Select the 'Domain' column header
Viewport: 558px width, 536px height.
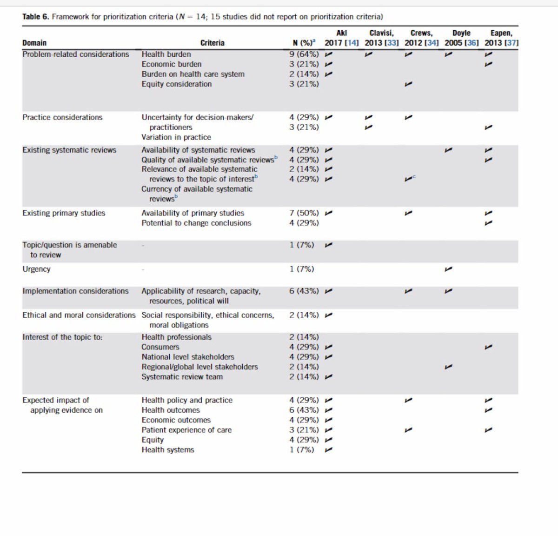coord(34,43)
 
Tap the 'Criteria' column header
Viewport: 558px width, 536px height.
coord(212,43)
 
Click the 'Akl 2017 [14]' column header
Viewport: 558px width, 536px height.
coord(341,38)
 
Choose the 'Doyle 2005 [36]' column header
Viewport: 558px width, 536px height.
coord(461,38)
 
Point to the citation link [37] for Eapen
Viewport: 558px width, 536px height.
coord(511,43)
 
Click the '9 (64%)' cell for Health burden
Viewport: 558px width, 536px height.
coord(304,54)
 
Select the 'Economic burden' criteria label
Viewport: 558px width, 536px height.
coord(172,64)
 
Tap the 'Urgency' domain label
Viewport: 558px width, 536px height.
coord(36,269)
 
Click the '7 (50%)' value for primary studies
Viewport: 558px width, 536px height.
coord(304,213)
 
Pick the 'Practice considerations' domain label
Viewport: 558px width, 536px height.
coord(62,117)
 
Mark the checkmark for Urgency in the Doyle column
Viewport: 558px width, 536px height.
coord(448,269)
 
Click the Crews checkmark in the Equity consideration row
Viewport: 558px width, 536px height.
coord(408,84)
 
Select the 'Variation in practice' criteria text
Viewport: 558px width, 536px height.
coord(176,137)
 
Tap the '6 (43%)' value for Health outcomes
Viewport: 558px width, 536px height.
coord(304,410)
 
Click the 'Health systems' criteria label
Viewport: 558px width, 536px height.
coord(168,450)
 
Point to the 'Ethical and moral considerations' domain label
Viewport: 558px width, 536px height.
coord(79,315)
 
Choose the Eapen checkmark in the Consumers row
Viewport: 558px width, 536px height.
coord(488,347)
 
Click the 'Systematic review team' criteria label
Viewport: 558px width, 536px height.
coord(182,377)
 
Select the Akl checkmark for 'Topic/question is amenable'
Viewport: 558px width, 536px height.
coord(329,245)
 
